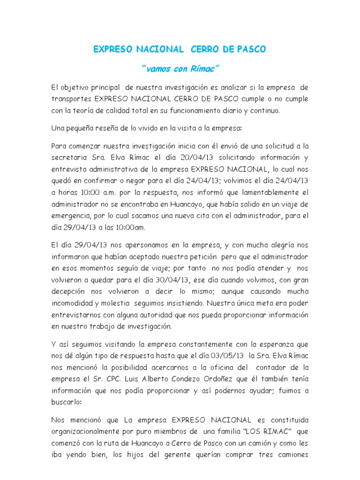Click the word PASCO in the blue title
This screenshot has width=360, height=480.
tap(248, 49)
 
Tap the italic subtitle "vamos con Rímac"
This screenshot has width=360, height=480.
tap(180, 69)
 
